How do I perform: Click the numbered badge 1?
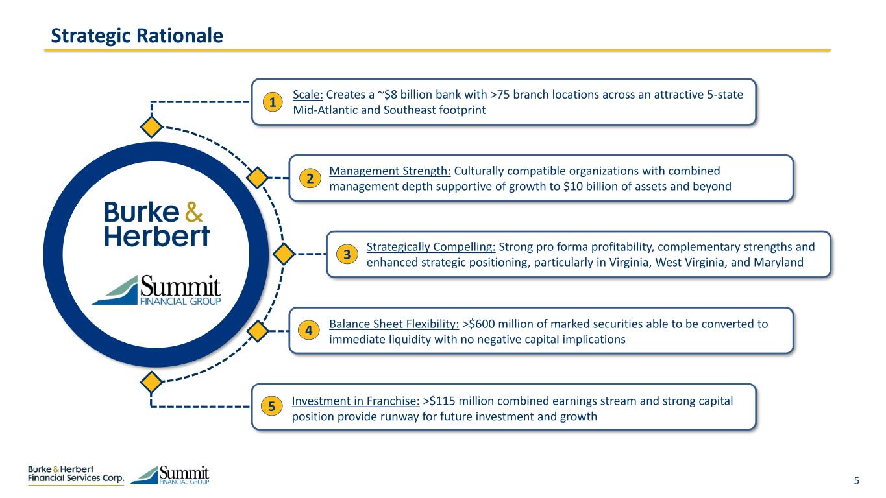[x=273, y=102]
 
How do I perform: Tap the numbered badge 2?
[x=310, y=179]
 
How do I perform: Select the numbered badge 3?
[x=347, y=255]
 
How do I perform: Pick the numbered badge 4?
[x=310, y=331]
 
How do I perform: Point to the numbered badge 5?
[x=273, y=407]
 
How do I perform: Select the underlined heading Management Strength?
[x=390, y=171]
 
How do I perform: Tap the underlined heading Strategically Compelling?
[x=431, y=247]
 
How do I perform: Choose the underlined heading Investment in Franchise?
[x=356, y=401]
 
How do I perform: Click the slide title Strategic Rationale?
[x=137, y=35]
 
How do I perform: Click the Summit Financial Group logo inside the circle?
[x=156, y=290]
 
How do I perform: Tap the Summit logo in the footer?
[x=170, y=475]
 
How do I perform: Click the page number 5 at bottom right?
[x=856, y=480]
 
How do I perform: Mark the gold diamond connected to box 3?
[x=283, y=254]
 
